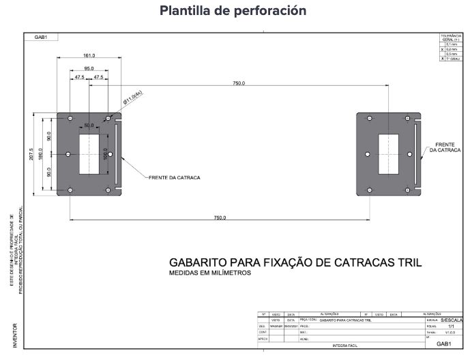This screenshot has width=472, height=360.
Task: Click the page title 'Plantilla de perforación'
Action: (x=233, y=11)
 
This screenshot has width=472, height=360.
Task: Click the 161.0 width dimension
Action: (x=89, y=56)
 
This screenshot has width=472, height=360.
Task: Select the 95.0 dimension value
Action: (x=89, y=69)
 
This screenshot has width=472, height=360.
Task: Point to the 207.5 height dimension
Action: (x=31, y=154)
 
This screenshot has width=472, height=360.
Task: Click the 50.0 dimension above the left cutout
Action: (x=89, y=125)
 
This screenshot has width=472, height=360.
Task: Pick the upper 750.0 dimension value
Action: (x=238, y=82)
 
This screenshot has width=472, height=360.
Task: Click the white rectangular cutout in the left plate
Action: (x=89, y=154)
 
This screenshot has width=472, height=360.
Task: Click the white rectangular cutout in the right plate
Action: (x=388, y=154)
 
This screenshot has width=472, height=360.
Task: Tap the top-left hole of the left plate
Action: (x=70, y=119)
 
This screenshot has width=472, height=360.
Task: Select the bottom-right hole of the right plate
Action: (x=408, y=190)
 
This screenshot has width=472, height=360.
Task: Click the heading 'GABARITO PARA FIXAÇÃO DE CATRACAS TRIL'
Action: (x=295, y=262)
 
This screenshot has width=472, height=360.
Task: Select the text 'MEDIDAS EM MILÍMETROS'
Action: (x=210, y=273)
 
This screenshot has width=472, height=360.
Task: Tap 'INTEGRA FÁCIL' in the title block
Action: (x=345, y=346)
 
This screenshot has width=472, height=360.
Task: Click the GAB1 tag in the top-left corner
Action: (x=40, y=37)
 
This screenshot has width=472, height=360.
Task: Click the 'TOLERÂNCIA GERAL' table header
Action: (x=451, y=38)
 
